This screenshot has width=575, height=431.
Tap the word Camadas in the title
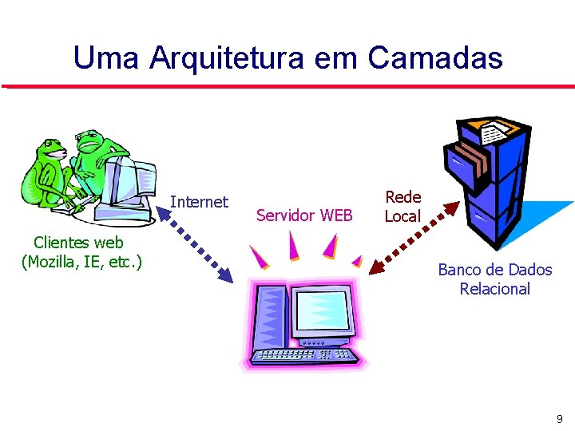[435, 57]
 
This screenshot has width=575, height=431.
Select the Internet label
[199, 202]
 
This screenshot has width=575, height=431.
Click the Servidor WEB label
[304, 215]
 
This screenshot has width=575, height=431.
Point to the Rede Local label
[402, 206]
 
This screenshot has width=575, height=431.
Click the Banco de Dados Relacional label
[494, 279]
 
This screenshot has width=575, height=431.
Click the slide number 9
[559, 418]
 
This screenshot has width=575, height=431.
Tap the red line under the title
[287, 85]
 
